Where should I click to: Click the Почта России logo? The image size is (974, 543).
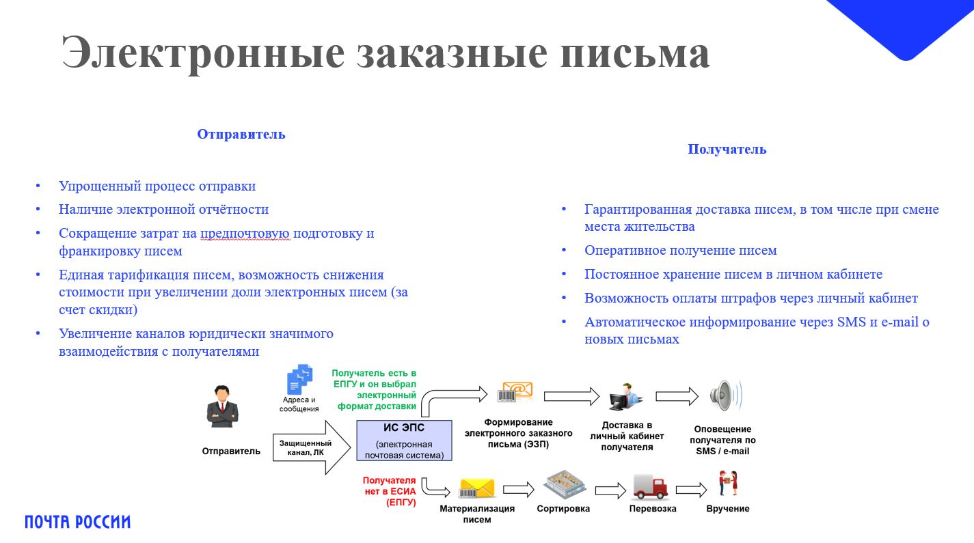(x=77, y=523)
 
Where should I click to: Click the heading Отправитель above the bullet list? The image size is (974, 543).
(x=241, y=135)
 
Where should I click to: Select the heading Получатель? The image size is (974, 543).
(x=727, y=150)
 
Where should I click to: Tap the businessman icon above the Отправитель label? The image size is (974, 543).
(x=222, y=406)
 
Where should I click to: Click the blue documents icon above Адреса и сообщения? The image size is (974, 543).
(x=299, y=379)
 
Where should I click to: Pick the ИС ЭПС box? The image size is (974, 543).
(x=404, y=441)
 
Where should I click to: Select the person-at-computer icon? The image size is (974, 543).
(x=625, y=397)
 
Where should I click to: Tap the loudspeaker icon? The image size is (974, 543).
(x=724, y=395)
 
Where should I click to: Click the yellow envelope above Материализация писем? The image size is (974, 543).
(x=476, y=488)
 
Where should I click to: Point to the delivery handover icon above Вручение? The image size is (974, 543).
(x=728, y=484)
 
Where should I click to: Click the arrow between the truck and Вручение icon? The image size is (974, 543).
(x=691, y=490)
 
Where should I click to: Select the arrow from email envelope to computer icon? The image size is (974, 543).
(x=571, y=396)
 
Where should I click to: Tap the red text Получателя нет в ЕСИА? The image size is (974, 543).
(x=389, y=492)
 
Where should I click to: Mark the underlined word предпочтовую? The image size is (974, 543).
(x=246, y=234)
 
